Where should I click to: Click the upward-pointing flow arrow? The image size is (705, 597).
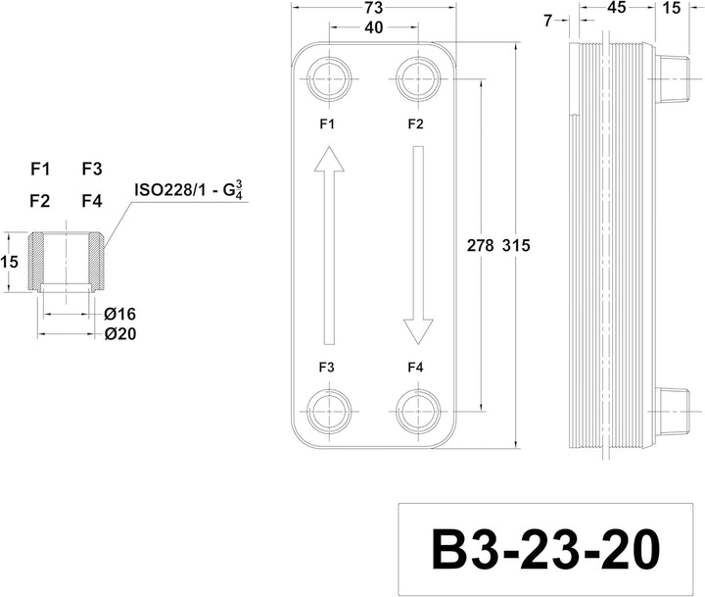[329, 245]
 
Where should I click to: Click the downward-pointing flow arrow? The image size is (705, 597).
[418, 245]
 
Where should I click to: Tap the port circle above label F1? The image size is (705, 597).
[329, 78]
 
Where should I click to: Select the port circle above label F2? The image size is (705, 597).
[418, 78]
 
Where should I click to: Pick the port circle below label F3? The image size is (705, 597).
[329, 411]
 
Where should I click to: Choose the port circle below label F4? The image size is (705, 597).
[418, 411]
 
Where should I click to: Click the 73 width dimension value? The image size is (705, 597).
[374, 8]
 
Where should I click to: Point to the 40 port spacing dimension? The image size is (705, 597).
[374, 27]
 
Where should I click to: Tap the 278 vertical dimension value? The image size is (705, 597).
[480, 246]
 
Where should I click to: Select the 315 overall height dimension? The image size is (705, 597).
[516, 246]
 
